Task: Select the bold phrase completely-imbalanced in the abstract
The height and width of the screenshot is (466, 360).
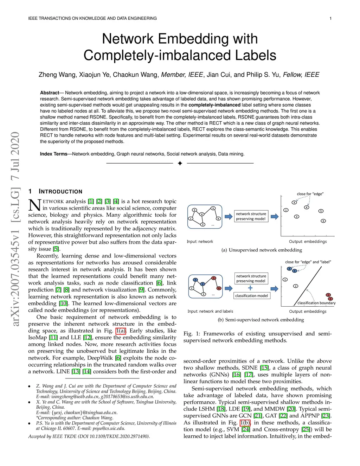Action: [x=214, y=105]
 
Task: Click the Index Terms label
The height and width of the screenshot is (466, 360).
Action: [x=53, y=154]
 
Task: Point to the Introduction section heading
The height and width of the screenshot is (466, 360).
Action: [x=60, y=191]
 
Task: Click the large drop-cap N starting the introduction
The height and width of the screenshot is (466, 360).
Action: [x=34, y=205]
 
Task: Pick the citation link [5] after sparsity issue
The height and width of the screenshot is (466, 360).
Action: [x=56, y=249]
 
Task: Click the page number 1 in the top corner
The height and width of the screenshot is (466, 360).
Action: [x=330, y=18]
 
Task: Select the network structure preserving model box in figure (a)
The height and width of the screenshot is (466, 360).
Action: [x=251, y=216]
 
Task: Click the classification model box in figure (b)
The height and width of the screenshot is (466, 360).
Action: [x=251, y=296]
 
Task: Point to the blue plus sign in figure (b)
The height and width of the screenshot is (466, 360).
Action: [x=250, y=288]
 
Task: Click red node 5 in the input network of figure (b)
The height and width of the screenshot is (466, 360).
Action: [x=214, y=278]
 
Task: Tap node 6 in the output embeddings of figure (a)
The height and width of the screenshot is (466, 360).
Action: [x=323, y=221]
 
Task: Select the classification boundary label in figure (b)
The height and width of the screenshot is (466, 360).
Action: [x=316, y=303]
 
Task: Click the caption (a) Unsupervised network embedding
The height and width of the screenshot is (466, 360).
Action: [x=262, y=250]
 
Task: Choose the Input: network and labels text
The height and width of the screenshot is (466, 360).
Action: [x=210, y=311]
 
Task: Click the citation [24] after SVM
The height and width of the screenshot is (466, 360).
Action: [x=246, y=429]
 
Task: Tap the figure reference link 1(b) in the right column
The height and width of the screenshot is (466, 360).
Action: [x=245, y=423]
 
